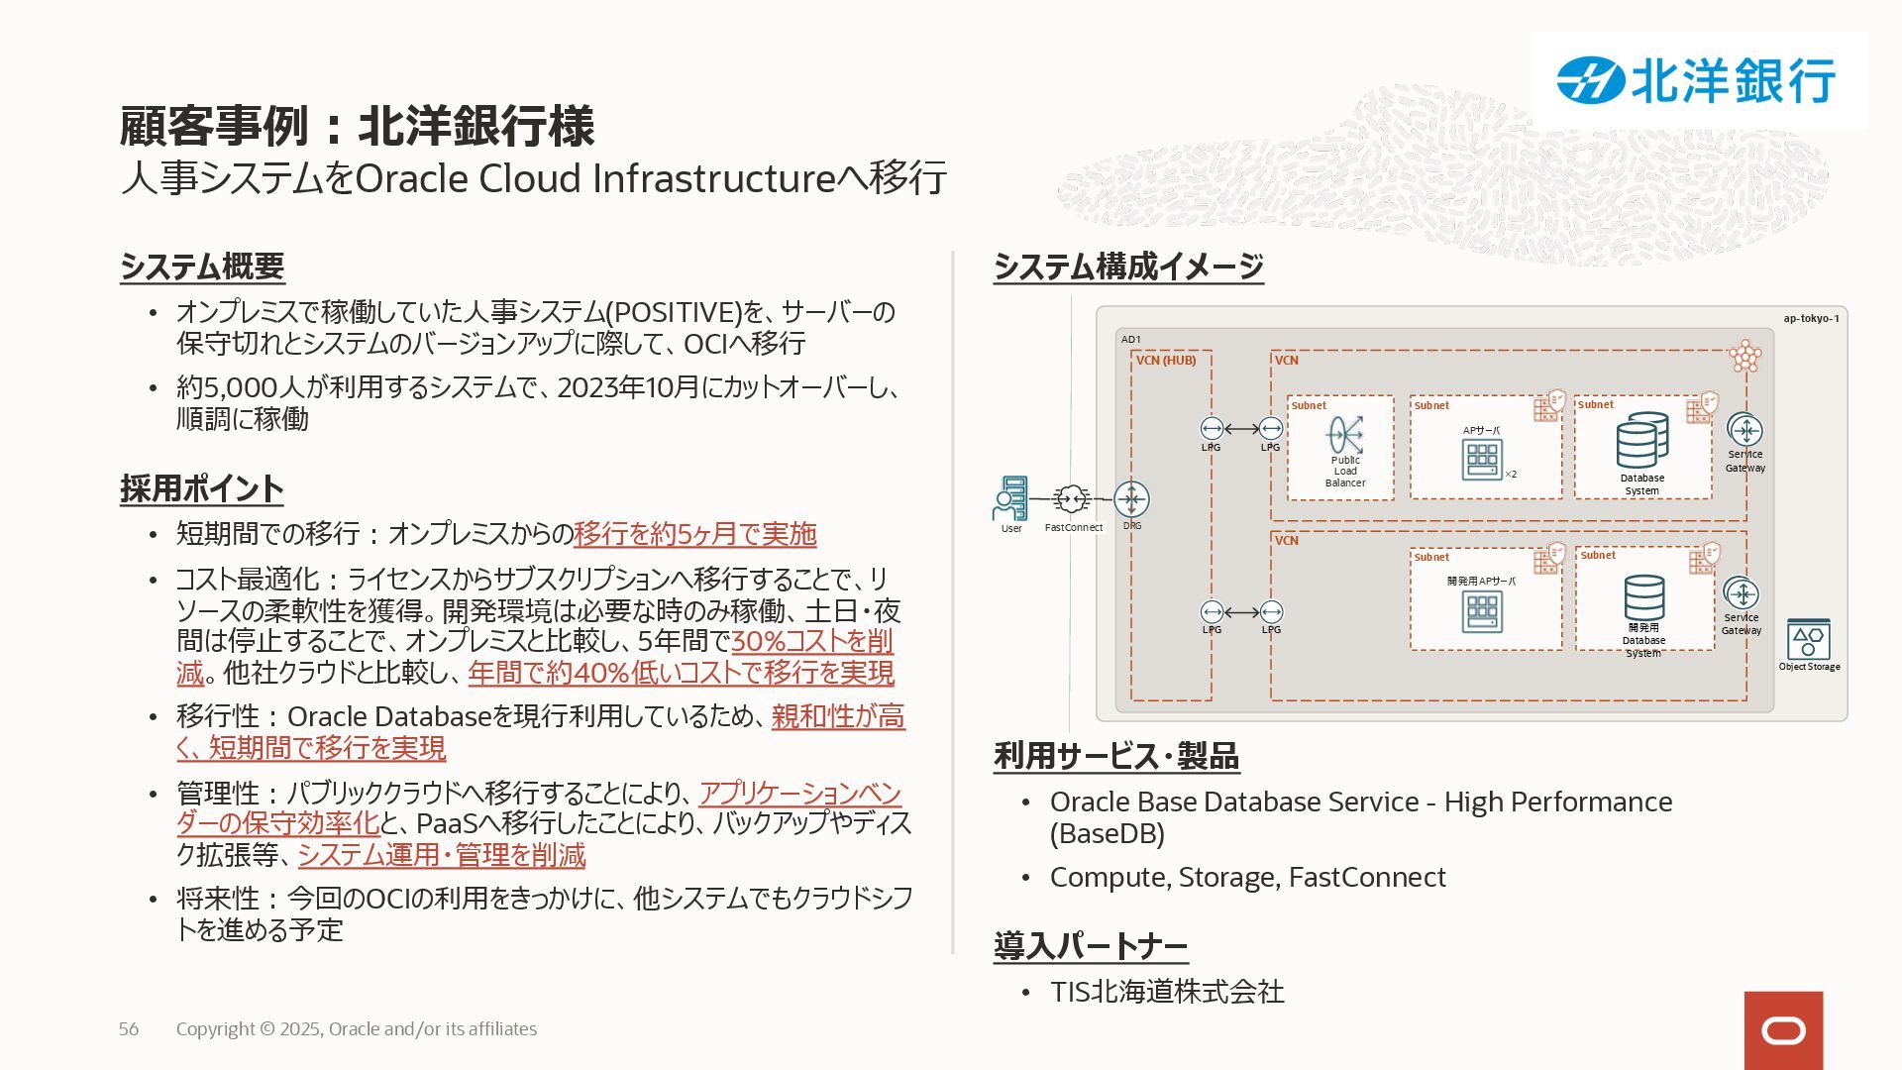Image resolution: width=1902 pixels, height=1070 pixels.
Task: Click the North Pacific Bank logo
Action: coord(1698,80)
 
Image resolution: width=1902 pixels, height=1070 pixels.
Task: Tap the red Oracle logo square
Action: coord(1783,1030)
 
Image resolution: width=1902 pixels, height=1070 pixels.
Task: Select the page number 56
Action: coord(129,1029)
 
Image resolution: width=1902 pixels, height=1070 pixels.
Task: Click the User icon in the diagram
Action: coord(1010,498)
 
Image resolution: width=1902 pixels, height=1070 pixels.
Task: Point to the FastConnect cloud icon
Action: coord(1071,498)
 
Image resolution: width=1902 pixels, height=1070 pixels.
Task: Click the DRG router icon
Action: coord(1131,498)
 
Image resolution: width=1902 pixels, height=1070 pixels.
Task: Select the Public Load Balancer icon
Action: coord(1344,435)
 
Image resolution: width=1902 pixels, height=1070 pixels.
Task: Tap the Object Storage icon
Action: coord(1808,640)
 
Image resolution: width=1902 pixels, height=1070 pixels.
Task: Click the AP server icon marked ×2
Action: coord(1482,459)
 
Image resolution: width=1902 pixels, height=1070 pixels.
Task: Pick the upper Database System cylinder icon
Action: coord(1641,442)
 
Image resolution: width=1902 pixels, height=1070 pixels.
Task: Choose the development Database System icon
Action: coord(1643,597)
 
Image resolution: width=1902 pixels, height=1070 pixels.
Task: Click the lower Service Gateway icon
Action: coord(1741,593)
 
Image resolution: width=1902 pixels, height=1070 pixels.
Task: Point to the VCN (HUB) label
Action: coord(1166,361)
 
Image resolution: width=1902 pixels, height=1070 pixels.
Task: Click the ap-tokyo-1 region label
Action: coord(1811,319)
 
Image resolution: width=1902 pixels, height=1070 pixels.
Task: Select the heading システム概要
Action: coord(202,267)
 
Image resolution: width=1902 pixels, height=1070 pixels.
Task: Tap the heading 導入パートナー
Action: coord(1091,946)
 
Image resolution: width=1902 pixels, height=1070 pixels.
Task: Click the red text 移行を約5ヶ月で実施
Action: coord(694,534)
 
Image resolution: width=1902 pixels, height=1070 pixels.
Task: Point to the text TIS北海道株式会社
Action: coord(1167,992)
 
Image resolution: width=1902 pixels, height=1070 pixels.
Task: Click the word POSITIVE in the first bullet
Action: coord(674,312)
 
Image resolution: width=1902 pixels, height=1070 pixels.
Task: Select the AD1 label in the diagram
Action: coord(1130,340)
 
